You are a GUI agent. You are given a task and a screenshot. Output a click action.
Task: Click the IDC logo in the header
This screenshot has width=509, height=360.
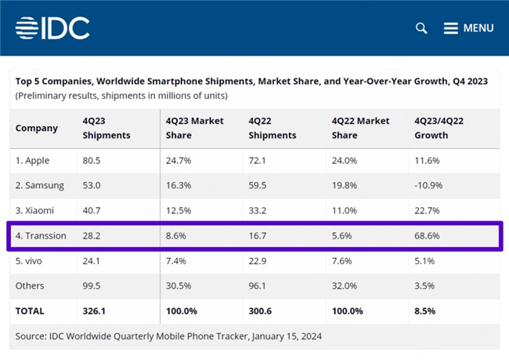tap(52, 27)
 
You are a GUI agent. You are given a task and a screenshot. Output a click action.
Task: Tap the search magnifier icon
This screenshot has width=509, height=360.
tap(421, 28)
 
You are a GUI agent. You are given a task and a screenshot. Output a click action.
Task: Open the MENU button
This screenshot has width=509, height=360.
tap(469, 28)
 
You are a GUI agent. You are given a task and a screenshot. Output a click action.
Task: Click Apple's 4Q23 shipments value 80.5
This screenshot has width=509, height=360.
tap(93, 161)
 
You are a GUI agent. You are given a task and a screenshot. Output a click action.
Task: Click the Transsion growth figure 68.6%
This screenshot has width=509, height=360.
tap(428, 235)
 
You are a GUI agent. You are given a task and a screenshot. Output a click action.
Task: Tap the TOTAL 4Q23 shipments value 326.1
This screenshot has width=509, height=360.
tap(96, 311)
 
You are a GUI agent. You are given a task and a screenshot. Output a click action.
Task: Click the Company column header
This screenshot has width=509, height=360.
tap(37, 128)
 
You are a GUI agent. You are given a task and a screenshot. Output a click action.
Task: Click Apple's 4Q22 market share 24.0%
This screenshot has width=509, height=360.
tap(345, 161)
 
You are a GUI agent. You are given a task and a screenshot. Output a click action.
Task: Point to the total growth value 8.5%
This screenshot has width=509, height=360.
tap(426, 311)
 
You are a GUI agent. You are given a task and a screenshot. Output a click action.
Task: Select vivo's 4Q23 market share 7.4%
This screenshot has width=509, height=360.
tap(177, 260)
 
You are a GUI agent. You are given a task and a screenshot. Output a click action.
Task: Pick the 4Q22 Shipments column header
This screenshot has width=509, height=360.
tap(272, 128)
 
